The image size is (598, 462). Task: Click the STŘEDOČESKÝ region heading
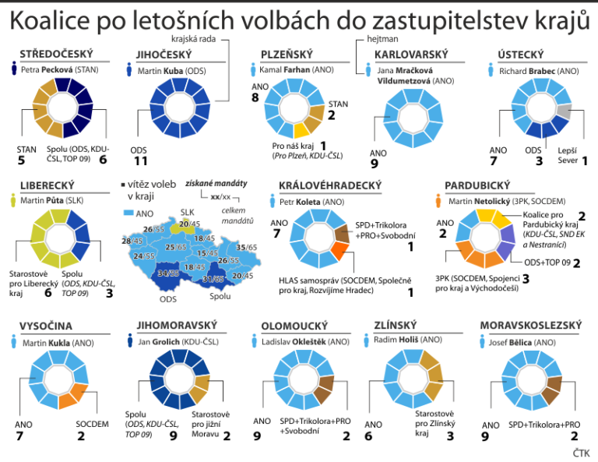[x=57, y=55]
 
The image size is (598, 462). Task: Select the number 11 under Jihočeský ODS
[x=141, y=161]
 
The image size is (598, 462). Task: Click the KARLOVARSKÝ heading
[x=411, y=55]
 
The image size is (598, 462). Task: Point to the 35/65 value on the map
[x=247, y=248]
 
